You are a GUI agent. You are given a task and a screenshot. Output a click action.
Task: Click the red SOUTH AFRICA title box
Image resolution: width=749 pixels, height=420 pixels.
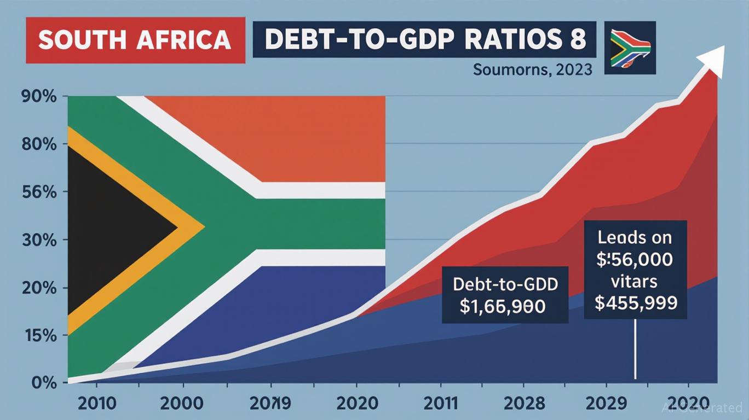[135, 40]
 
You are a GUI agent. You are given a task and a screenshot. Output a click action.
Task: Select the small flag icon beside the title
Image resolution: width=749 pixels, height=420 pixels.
[630, 48]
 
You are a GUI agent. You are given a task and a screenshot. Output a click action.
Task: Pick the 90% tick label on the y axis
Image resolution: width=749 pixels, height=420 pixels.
[38, 97]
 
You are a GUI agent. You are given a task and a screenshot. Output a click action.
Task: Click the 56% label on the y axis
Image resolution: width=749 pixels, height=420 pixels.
[38, 192]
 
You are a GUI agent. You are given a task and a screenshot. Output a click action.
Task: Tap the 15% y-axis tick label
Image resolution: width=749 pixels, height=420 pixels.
[38, 335]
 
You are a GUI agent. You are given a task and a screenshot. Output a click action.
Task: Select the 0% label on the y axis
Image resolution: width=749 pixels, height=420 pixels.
[43, 382]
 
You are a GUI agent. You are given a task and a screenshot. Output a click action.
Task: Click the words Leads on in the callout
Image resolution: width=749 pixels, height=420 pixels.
[635, 237]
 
